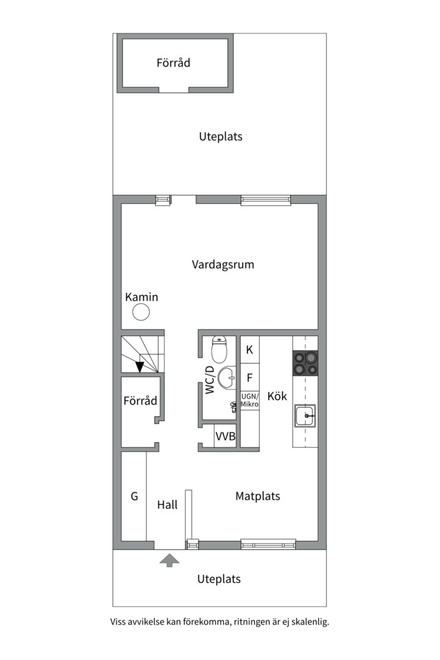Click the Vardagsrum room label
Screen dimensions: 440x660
(x=222, y=265)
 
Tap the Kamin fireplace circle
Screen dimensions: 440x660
(x=141, y=312)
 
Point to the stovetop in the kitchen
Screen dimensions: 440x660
(x=306, y=363)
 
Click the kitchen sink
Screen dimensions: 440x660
(x=305, y=416)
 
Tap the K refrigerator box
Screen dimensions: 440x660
(x=250, y=350)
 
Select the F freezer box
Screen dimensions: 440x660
(x=250, y=378)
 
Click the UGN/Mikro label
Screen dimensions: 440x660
(x=250, y=400)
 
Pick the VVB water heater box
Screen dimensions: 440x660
(x=226, y=436)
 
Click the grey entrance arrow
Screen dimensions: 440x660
(x=170, y=560)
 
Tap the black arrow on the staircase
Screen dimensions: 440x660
(x=140, y=367)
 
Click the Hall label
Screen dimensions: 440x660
(x=167, y=505)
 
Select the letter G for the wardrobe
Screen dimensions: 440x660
(x=134, y=496)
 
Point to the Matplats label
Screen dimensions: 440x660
(x=258, y=496)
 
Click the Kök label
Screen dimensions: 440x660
(x=277, y=396)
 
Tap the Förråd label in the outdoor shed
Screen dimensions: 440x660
(x=174, y=63)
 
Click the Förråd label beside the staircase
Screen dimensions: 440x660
(x=140, y=400)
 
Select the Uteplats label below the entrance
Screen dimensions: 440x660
(x=219, y=579)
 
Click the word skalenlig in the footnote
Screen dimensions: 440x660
(x=310, y=622)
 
